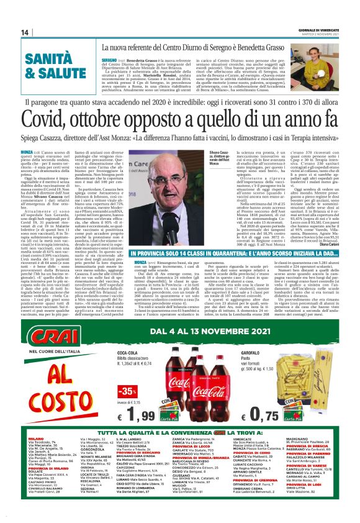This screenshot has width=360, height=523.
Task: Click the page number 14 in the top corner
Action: click(x=25, y=32)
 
